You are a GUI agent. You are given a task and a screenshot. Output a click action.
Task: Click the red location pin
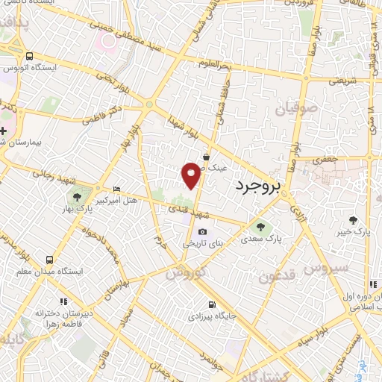(192, 175)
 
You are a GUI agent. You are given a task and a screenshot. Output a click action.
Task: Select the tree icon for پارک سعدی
(260, 227)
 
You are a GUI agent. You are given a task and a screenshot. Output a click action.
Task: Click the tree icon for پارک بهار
(75, 198)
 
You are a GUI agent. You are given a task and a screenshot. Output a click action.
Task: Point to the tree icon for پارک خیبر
(354, 220)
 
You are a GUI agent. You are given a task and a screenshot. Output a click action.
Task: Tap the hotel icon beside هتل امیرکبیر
(115, 190)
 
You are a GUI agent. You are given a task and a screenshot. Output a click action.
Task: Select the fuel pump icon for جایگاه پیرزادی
(213, 304)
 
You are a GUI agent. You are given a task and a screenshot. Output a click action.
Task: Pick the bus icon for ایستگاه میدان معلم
(49, 260)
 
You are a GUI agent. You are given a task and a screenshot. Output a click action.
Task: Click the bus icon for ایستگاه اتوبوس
(29, 57)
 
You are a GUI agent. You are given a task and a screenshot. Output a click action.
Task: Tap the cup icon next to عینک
(205, 157)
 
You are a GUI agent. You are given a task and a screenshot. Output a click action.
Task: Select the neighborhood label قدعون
(278, 277)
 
